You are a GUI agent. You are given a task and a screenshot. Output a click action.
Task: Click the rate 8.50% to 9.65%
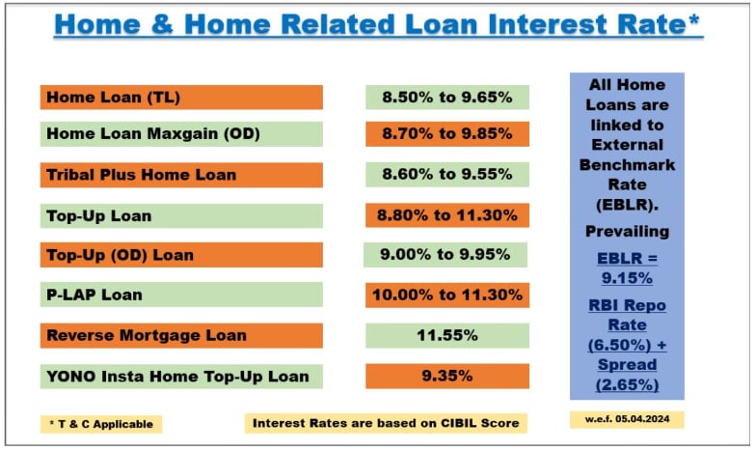click(x=446, y=97)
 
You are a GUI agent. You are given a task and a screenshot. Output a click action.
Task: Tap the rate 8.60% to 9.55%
click(x=446, y=176)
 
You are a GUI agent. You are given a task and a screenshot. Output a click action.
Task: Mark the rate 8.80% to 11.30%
click(x=446, y=215)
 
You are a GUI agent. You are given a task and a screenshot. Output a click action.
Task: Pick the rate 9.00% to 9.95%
click(x=445, y=255)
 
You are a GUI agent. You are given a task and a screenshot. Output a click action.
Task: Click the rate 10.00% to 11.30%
click(x=446, y=295)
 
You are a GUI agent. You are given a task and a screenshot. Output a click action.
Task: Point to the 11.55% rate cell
click(x=446, y=335)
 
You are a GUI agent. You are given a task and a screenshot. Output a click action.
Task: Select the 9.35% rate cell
click(x=446, y=376)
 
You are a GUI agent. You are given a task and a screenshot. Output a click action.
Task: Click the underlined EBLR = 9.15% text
click(x=627, y=268)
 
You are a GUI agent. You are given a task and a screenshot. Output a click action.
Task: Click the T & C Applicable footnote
click(x=101, y=423)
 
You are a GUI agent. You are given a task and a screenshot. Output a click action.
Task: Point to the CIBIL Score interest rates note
click(x=386, y=423)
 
